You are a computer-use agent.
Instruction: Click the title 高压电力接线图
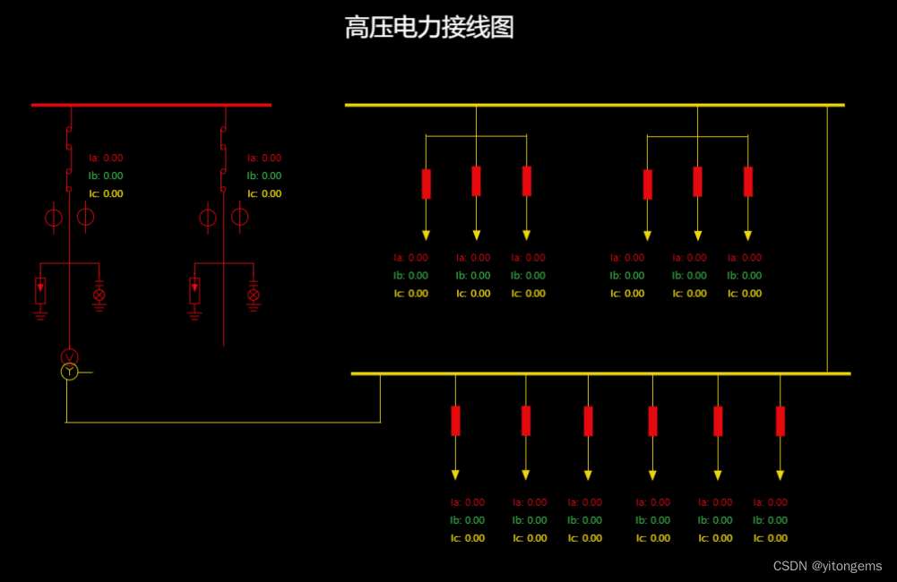(x=429, y=28)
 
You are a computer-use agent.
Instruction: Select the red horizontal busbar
(x=151, y=105)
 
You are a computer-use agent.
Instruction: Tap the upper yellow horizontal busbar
(x=594, y=105)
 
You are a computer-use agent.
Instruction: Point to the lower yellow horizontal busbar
(x=600, y=372)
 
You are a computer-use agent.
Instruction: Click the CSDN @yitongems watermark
(x=827, y=566)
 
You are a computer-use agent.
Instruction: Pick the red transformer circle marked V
(x=69, y=357)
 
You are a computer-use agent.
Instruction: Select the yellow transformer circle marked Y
(x=69, y=372)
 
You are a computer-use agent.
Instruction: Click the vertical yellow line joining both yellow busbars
(x=827, y=238)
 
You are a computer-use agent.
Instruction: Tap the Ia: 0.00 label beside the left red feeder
(x=106, y=158)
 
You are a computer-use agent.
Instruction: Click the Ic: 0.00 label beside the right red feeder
(x=264, y=193)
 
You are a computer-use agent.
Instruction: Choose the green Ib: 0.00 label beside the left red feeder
(x=106, y=175)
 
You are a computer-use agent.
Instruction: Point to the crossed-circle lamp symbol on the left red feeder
(x=99, y=294)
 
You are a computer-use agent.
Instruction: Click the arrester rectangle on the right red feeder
(x=194, y=291)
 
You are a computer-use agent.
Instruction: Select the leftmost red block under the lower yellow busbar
(x=455, y=421)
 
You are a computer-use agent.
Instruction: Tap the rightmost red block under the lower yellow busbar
(x=780, y=421)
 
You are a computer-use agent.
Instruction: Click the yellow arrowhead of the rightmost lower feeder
(x=780, y=475)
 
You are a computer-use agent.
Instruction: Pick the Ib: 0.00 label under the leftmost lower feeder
(x=467, y=520)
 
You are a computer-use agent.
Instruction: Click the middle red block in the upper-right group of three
(x=697, y=182)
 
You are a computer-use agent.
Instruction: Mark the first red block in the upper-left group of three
(x=426, y=184)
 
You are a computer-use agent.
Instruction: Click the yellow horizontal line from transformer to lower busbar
(x=224, y=422)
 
